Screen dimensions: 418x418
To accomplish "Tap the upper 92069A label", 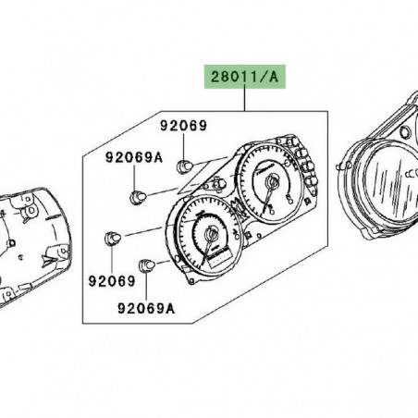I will [132, 158].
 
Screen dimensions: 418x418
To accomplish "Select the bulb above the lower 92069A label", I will [146, 268].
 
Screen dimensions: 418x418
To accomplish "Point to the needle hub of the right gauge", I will [270, 186].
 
